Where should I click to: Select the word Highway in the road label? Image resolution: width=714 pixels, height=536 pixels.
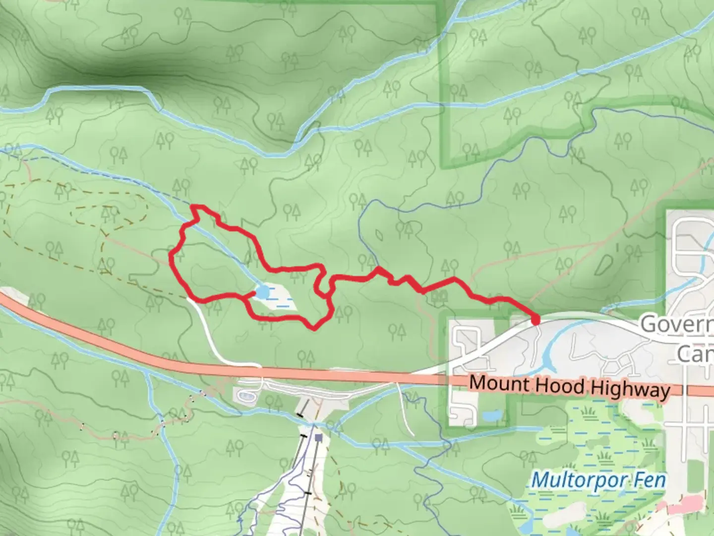pyautogui.click(x=630, y=389)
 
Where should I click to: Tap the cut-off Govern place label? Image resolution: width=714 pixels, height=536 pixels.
pyautogui.click(x=677, y=325)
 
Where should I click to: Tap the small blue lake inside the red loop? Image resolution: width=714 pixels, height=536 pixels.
pyautogui.click(x=263, y=292)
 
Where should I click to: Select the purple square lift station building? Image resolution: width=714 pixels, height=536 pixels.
pyautogui.click(x=318, y=438)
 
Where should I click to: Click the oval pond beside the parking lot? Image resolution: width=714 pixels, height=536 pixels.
pyautogui.click(x=246, y=396)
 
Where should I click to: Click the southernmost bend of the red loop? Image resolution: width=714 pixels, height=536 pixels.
pyautogui.click(x=314, y=328)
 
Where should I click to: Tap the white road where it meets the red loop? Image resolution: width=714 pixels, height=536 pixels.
pyautogui.click(x=189, y=298)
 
